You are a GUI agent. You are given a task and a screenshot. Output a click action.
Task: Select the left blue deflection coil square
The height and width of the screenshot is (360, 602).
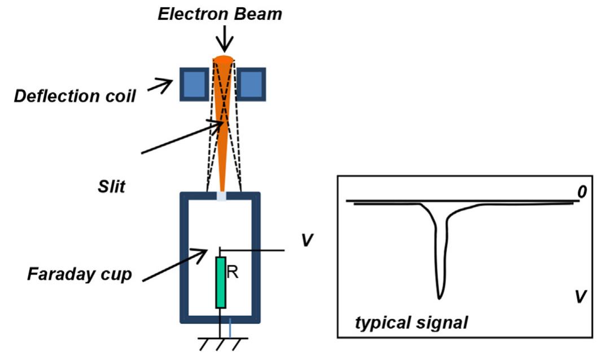point(194,84)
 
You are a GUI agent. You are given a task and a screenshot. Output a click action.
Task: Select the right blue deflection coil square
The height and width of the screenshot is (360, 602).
point(251,84)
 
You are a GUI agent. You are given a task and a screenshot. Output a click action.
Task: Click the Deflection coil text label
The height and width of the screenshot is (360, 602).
point(75,96)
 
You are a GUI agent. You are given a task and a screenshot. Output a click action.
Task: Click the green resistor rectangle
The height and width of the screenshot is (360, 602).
point(221,282)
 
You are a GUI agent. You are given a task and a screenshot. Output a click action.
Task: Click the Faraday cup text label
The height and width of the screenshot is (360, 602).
point(79,275)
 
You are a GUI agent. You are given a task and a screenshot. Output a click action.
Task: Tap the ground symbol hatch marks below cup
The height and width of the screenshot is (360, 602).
point(223,343)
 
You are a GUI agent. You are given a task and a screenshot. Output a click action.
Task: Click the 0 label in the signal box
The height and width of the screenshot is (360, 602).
point(582,193)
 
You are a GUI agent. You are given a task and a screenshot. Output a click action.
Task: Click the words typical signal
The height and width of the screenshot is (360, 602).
point(411,323)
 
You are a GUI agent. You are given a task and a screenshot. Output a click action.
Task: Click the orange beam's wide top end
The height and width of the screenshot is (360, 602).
point(224,60)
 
